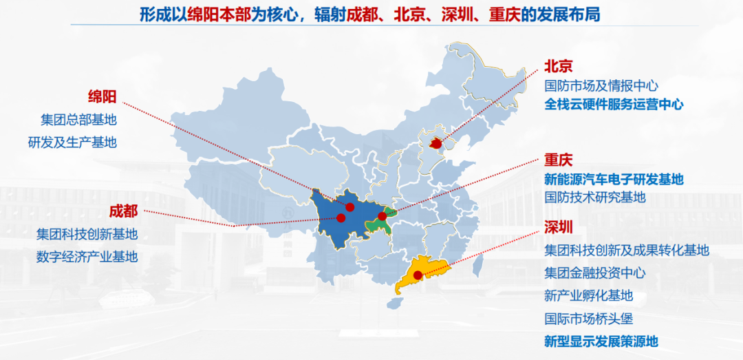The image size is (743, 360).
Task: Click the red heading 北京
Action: click(x=558, y=66)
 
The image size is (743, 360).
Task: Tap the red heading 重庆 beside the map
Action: click(x=558, y=160)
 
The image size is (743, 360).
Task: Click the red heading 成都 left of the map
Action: click(x=123, y=211)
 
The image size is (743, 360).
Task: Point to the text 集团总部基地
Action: click(x=78, y=119)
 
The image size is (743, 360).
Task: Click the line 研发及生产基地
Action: click(x=72, y=142)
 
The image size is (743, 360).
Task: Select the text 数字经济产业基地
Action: click(x=87, y=257)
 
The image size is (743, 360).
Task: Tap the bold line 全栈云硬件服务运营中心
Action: click(x=614, y=105)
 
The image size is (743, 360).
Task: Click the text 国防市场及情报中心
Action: click(x=601, y=86)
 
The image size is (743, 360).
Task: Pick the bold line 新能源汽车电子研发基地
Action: click(x=614, y=179)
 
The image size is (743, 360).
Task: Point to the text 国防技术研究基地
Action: click(x=595, y=198)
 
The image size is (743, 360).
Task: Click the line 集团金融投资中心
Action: click(x=595, y=273)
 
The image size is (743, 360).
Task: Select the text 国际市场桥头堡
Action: click(x=588, y=319)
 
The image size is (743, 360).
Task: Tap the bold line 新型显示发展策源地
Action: click(x=601, y=341)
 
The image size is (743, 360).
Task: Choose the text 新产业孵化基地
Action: click(x=588, y=296)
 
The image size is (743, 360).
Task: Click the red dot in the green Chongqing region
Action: click(x=383, y=216)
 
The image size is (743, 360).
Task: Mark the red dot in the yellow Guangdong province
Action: click(x=418, y=275)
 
